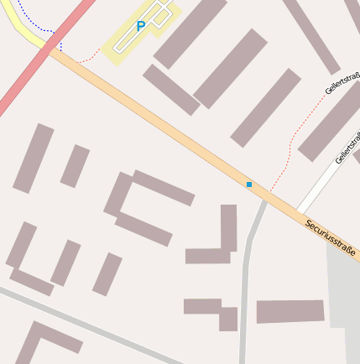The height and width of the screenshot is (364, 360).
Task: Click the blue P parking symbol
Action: click(140, 27)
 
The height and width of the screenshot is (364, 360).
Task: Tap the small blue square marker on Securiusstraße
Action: click(249, 184)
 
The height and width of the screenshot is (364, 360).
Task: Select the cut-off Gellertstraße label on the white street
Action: click(347, 148)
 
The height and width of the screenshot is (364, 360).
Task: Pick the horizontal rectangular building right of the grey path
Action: click(290, 311)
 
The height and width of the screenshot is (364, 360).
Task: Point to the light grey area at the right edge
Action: click(344, 294)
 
